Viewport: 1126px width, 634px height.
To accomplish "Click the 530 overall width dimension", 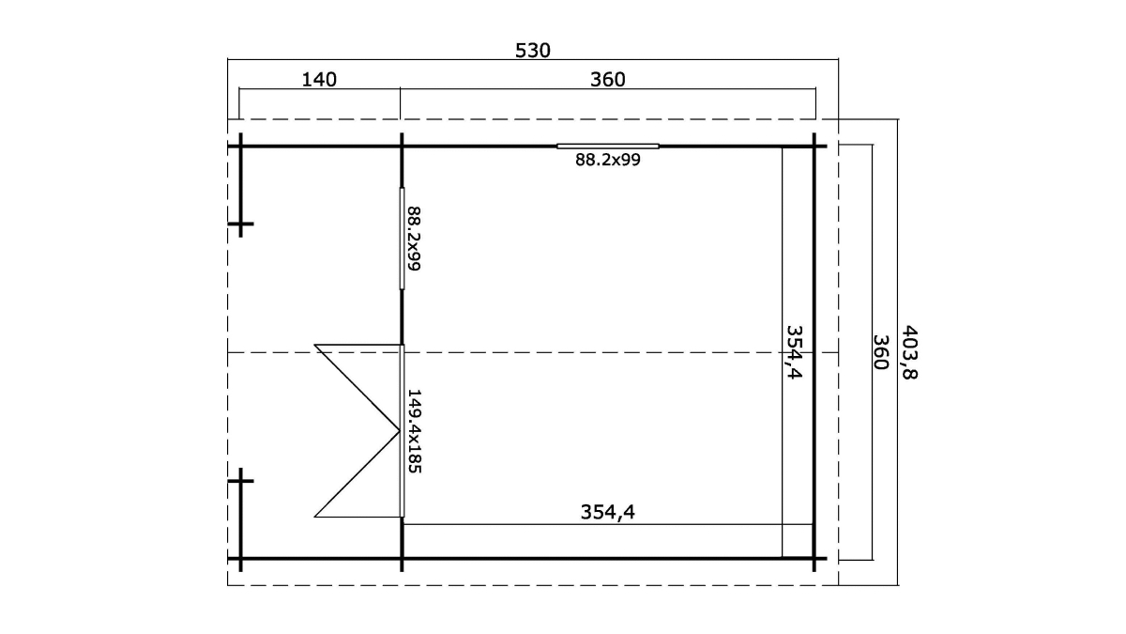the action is [533, 51].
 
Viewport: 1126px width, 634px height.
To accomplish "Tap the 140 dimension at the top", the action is [319, 80].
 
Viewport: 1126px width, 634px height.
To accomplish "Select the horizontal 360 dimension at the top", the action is [608, 80].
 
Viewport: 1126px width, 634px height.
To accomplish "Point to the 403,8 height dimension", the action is [910, 352].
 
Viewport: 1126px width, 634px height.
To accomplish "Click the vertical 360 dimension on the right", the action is [881, 352].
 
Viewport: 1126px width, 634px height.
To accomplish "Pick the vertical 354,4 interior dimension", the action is [794, 352].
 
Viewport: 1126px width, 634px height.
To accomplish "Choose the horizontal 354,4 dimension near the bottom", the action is [608, 512].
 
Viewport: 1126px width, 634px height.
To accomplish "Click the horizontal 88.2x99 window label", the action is [608, 160].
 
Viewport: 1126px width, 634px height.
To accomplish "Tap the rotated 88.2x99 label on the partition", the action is [414, 239].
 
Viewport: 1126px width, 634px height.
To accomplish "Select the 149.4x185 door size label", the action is [414, 431].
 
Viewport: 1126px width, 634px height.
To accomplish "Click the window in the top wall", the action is [608, 147].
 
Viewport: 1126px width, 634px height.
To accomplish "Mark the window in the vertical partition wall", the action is [403, 239].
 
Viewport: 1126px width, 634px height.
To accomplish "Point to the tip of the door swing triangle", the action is [400, 431].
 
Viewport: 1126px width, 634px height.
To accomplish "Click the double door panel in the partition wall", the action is [403, 431].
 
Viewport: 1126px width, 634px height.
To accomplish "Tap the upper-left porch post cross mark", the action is [241, 224].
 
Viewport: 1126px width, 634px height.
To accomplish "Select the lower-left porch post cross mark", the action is [241, 481].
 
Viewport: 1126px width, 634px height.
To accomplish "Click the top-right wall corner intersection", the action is [814, 147].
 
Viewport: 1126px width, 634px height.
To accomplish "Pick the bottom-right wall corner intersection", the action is [814, 559].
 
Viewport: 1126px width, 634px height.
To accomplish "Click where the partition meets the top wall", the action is [402, 147].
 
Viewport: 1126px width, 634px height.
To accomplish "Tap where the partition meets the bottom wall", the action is [402, 559].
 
